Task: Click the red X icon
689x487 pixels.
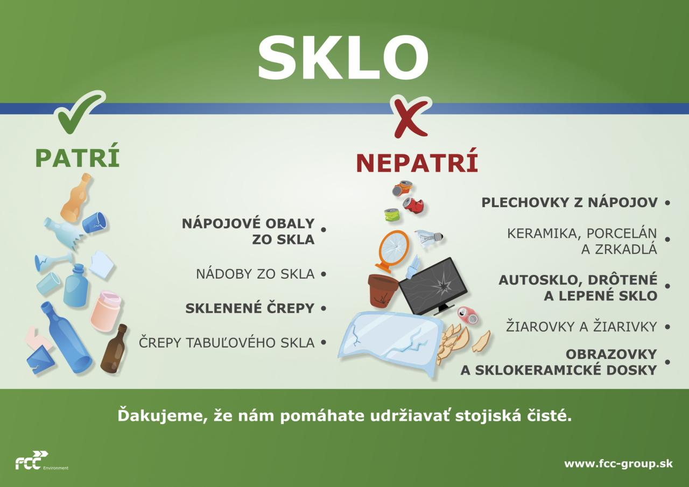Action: click(x=411, y=117)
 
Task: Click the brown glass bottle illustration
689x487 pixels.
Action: click(x=114, y=349)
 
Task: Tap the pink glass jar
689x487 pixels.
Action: click(x=106, y=311)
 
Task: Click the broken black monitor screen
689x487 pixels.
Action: click(x=434, y=287)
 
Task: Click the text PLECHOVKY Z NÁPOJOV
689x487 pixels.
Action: click(x=570, y=203)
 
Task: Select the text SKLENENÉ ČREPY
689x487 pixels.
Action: click(x=250, y=308)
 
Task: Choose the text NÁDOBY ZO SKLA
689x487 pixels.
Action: click(x=256, y=274)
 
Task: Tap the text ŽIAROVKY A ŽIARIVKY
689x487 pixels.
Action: click(x=582, y=327)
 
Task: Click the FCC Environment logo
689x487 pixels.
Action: click(x=41, y=460)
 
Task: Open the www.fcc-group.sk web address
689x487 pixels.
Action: click(x=618, y=463)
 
